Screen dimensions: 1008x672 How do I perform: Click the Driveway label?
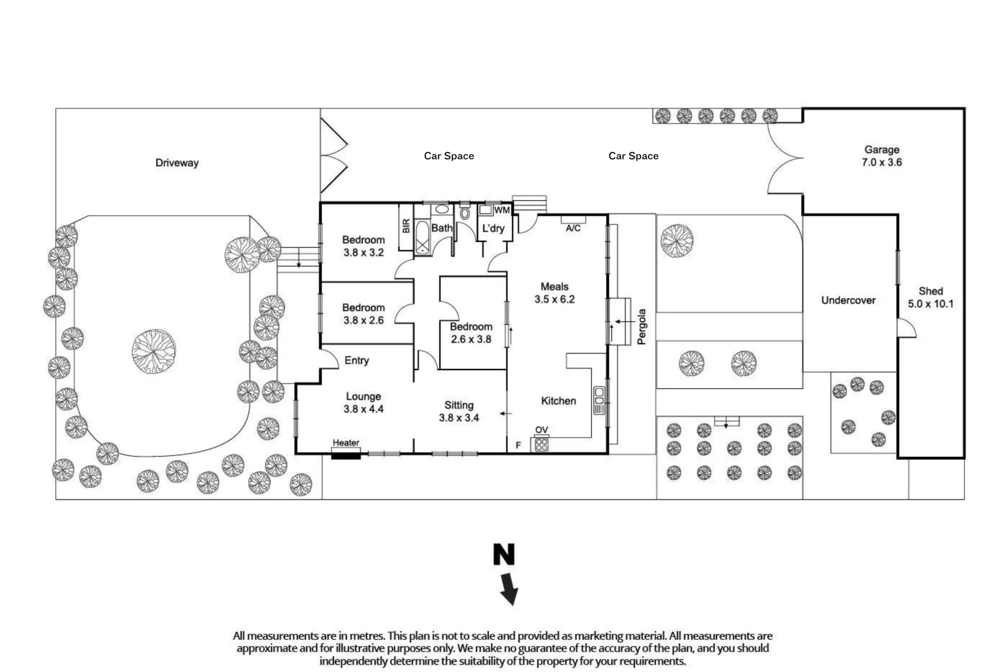click(177, 163)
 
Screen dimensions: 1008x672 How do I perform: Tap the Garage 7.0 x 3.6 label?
click(882, 156)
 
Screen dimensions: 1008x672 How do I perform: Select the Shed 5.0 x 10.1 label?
click(931, 297)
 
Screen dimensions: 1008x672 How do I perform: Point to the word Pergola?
click(642, 327)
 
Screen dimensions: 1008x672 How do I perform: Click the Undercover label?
click(848, 300)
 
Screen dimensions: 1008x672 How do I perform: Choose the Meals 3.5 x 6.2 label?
click(554, 293)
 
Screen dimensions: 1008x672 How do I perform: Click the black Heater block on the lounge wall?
click(345, 455)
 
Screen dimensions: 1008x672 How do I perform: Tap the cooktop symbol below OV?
click(541, 445)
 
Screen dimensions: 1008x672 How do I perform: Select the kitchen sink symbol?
click(599, 400)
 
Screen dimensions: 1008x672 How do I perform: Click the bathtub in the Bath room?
click(422, 238)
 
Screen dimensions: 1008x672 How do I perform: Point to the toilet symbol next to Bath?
click(464, 212)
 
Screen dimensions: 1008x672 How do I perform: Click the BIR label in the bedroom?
click(406, 226)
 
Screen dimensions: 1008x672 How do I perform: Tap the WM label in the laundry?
click(502, 210)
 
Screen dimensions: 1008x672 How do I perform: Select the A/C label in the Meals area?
click(573, 228)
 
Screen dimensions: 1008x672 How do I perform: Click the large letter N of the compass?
click(504, 554)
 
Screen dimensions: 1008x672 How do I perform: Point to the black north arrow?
click(509, 589)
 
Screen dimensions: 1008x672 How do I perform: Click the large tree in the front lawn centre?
click(154, 352)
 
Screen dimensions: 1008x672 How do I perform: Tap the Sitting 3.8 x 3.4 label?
click(459, 411)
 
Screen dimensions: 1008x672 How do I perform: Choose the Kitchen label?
click(559, 401)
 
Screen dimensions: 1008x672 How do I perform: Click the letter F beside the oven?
click(518, 445)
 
